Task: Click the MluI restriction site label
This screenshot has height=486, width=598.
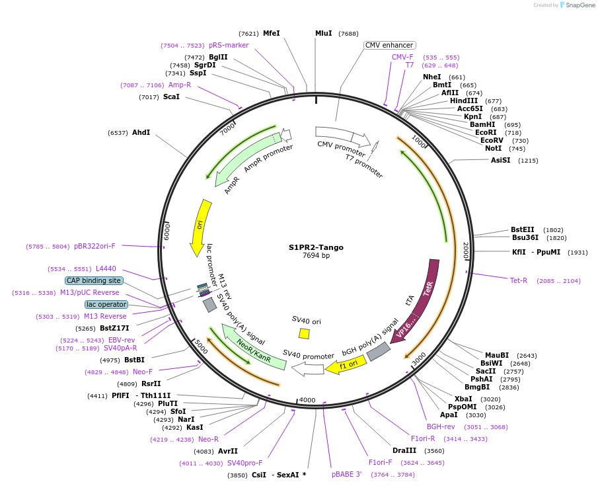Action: tap(323, 33)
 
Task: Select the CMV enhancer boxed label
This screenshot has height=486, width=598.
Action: tap(389, 45)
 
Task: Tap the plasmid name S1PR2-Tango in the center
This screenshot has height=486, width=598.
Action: tap(316, 247)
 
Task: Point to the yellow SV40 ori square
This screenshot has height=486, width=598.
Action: tap(304, 333)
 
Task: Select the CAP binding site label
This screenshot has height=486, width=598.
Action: tap(93, 280)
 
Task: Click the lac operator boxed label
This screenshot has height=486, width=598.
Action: tap(106, 304)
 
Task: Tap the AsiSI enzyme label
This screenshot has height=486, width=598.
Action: tap(500, 160)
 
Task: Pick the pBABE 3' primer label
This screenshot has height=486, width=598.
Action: tap(347, 474)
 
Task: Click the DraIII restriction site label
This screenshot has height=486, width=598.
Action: tap(404, 450)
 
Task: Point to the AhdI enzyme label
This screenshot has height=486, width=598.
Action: tap(141, 132)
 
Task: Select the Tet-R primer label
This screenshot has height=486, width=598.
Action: tap(519, 280)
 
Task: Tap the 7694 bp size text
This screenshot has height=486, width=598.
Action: tap(316, 256)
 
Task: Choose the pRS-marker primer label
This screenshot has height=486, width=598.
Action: tap(229, 45)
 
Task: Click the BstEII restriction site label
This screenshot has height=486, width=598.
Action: tap(523, 229)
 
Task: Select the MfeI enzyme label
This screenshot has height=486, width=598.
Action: tap(272, 33)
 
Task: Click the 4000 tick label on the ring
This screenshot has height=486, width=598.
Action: tap(308, 400)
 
